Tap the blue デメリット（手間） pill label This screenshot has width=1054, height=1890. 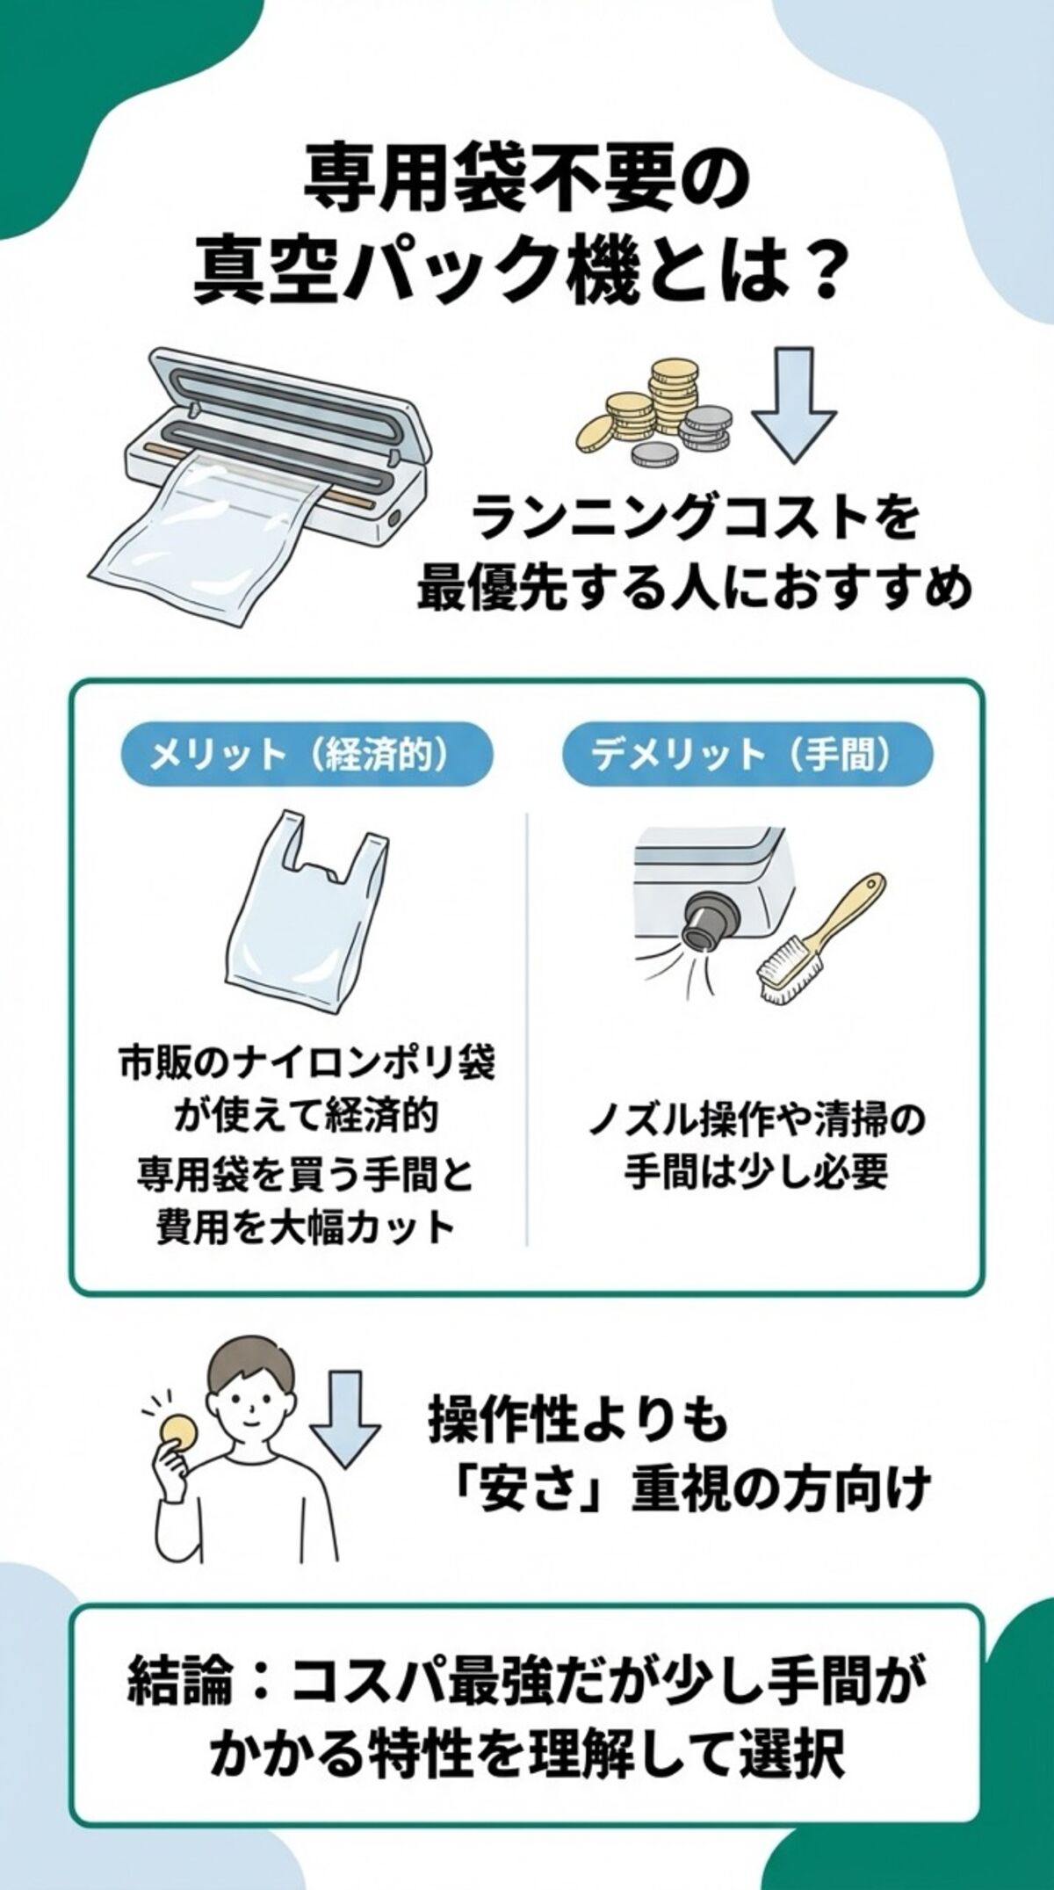click(x=747, y=754)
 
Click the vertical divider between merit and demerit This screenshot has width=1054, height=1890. click(x=527, y=1028)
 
